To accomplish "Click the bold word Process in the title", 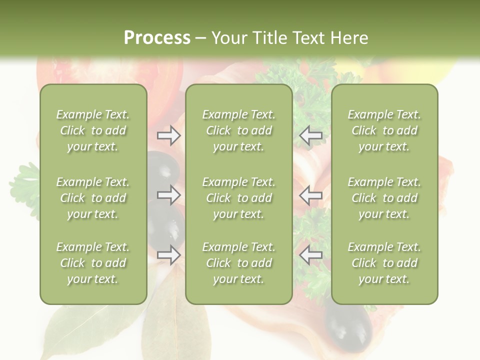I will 157,38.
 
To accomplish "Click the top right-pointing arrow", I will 169,135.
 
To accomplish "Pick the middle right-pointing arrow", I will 169,195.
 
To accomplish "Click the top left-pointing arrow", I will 311,135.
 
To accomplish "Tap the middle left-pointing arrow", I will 311,195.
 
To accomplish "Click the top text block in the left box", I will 93,130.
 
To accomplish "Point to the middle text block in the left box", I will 93,198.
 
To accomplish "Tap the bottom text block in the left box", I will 93,263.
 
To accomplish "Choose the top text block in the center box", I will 238,130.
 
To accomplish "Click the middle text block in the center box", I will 238,198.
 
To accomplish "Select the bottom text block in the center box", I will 238,263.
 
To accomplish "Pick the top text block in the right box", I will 384,130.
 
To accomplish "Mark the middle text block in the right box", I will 384,198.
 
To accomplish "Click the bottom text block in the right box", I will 384,263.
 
